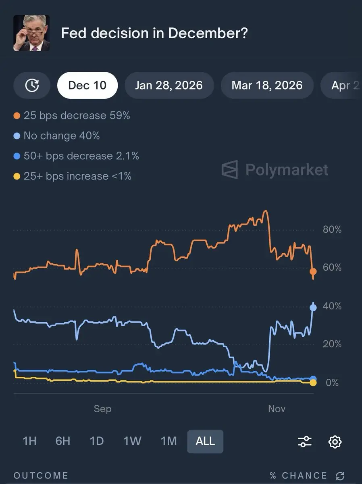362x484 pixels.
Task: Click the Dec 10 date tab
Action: [87, 86]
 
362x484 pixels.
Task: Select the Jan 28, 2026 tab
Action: [169, 86]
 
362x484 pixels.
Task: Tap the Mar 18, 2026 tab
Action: [267, 86]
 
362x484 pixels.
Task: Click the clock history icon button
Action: [32, 86]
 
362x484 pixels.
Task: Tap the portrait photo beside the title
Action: [31, 33]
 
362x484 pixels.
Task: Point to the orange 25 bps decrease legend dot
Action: [17, 116]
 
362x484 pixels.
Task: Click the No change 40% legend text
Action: [61, 136]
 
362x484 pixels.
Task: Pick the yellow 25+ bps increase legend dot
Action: [17, 176]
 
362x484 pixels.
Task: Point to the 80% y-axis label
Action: [332, 230]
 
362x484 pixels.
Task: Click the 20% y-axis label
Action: [332, 344]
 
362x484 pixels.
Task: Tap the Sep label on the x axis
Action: [102, 409]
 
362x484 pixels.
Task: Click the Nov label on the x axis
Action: [277, 409]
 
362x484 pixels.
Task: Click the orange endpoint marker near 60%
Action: [313, 271]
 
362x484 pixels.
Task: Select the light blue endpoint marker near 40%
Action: [313, 308]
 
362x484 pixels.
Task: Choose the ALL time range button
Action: [205, 441]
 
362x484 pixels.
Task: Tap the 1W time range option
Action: [132, 441]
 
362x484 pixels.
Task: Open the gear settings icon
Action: [335, 441]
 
